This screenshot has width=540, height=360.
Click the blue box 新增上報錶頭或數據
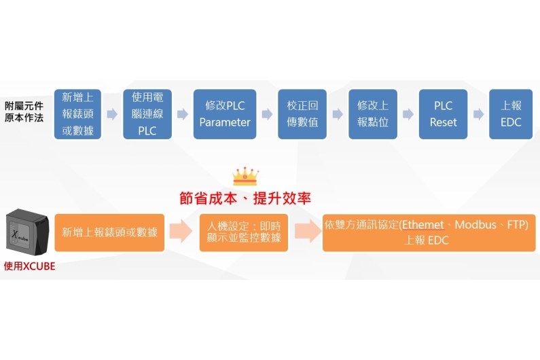pyautogui.click(x=78, y=114)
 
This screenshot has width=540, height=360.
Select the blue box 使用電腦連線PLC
pyautogui.click(x=147, y=114)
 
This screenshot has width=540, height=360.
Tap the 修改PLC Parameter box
pyautogui.click(x=225, y=114)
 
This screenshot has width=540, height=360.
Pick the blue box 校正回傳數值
pyautogui.click(x=302, y=114)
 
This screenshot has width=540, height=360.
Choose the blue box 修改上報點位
pyautogui.click(x=373, y=114)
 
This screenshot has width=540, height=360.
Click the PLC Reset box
pyautogui.click(x=444, y=114)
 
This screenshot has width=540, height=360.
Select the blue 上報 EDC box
pyautogui.click(x=511, y=114)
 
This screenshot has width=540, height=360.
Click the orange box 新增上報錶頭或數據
pyautogui.click(x=109, y=232)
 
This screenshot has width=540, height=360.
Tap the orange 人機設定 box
pyautogui.click(x=245, y=232)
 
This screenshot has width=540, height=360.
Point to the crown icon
pyautogui.click(x=245, y=177)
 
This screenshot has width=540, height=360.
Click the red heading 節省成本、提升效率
pyautogui.click(x=245, y=198)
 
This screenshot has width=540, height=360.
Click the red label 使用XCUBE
pyautogui.click(x=29, y=266)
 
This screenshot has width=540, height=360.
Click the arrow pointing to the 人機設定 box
pyautogui.click(x=181, y=232)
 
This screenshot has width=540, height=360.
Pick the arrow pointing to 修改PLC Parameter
pyautogui.click(x=183, y=114)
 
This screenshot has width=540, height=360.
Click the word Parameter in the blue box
pyautogui.click(x=225, y=123)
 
